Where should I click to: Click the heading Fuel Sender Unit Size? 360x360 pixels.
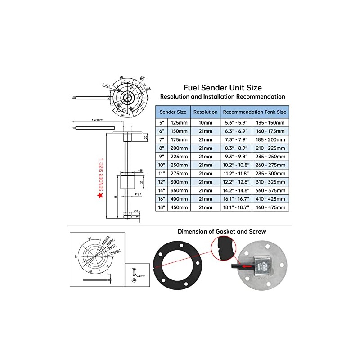click(223, 88)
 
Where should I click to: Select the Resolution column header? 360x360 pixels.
click(205, 112)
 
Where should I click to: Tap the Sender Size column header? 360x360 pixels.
click(173, 112)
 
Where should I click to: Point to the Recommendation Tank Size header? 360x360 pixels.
click(254, 112)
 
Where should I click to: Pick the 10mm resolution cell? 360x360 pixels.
click(205, 122)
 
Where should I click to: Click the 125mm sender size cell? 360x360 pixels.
click(180, 122)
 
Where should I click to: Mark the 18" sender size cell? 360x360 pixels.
click(162, 207)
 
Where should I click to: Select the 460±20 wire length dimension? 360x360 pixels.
click(97, 121)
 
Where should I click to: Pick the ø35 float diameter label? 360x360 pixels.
click(140, 171)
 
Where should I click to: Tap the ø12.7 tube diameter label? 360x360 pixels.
click(138, 194)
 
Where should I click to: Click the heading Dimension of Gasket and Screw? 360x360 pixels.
click(221, 231)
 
